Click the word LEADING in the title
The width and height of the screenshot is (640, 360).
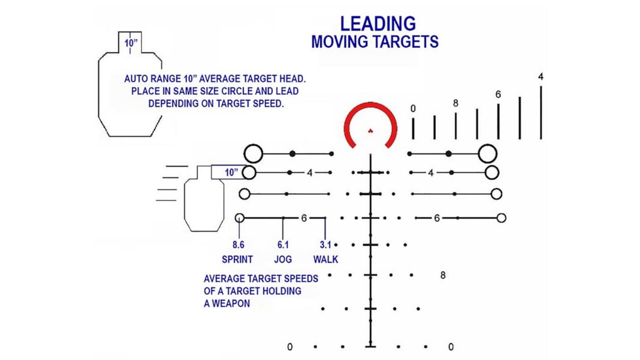[378, 24]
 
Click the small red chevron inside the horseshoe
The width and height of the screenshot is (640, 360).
[370, 131]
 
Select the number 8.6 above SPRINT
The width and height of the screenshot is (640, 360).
[238, 245]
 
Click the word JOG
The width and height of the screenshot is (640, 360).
[283, 259]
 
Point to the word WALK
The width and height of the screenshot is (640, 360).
[326, 259]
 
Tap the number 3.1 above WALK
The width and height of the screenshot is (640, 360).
[325, 245]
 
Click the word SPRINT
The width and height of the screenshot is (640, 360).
[237, 259]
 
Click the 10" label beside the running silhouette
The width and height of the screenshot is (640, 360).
[232, 173]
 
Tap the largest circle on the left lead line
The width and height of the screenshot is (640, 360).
[253, 154]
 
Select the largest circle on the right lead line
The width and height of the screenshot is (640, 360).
[488, 154]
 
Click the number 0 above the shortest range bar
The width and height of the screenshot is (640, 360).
[413, 109]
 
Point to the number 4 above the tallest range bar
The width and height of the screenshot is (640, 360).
[541, 77]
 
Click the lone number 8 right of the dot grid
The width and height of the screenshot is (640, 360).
[443, 276]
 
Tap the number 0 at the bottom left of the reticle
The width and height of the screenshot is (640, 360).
[290, 347]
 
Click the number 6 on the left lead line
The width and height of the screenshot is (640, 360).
[304, 219]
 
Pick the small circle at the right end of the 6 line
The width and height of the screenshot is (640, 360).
[502, 218]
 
